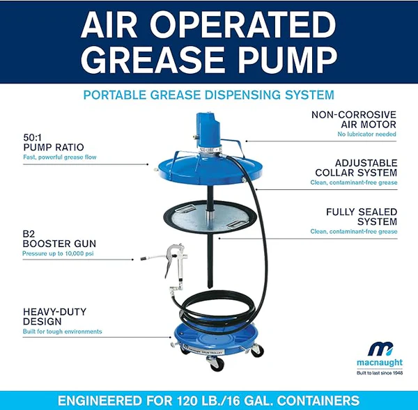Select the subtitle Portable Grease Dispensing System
208,95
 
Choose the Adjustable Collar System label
355,167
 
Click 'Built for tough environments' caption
62,331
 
